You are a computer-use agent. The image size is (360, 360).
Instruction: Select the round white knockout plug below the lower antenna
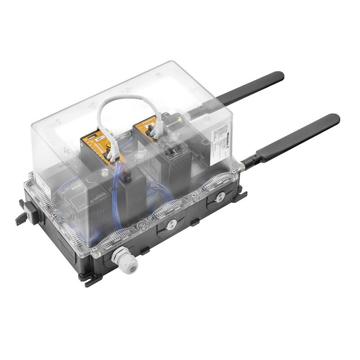[220, 198]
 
